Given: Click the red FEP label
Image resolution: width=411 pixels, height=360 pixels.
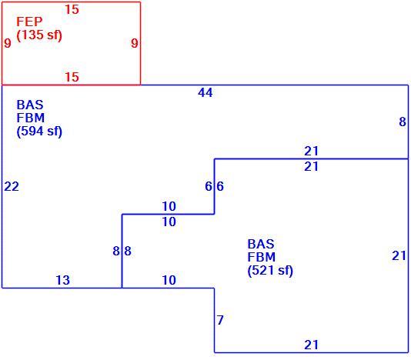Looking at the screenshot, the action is [29, 22].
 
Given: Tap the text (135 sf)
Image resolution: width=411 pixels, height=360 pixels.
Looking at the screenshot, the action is [39, 35].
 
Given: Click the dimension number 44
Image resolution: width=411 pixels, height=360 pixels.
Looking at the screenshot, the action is [205, 92].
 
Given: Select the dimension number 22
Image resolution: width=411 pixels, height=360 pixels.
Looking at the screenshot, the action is [12, 187].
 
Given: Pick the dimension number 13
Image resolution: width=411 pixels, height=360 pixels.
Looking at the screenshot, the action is [63, 280].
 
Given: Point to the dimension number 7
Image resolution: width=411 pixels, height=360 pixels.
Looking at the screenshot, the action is [220, 320].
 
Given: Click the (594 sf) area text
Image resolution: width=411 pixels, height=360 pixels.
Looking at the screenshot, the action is [39, 132].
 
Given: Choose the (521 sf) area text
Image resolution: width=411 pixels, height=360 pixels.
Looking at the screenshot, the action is [270, 271].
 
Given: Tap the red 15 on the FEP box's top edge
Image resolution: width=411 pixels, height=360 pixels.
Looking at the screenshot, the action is [72, 9].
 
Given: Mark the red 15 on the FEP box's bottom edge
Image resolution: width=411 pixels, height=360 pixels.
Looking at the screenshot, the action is [72, 77].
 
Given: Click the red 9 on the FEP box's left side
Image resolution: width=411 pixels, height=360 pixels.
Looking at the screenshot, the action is [8, 43].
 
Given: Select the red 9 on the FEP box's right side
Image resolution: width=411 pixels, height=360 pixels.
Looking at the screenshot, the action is [135, 43].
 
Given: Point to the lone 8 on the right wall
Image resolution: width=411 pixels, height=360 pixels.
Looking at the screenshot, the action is [403, 122].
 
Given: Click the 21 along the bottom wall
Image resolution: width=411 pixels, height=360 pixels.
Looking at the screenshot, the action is [312, 345].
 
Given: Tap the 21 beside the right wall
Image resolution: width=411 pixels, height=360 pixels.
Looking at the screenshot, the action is [399, 255].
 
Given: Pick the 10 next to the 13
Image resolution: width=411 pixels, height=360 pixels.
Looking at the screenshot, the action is [169, 280].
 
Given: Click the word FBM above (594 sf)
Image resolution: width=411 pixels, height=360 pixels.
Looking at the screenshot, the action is [31, 118].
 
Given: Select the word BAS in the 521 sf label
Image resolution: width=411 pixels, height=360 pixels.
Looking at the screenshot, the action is [261, 244].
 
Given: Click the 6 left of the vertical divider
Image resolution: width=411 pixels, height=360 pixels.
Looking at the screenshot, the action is [209, 186].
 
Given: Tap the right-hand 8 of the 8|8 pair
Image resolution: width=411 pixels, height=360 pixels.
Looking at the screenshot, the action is [128, 251].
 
